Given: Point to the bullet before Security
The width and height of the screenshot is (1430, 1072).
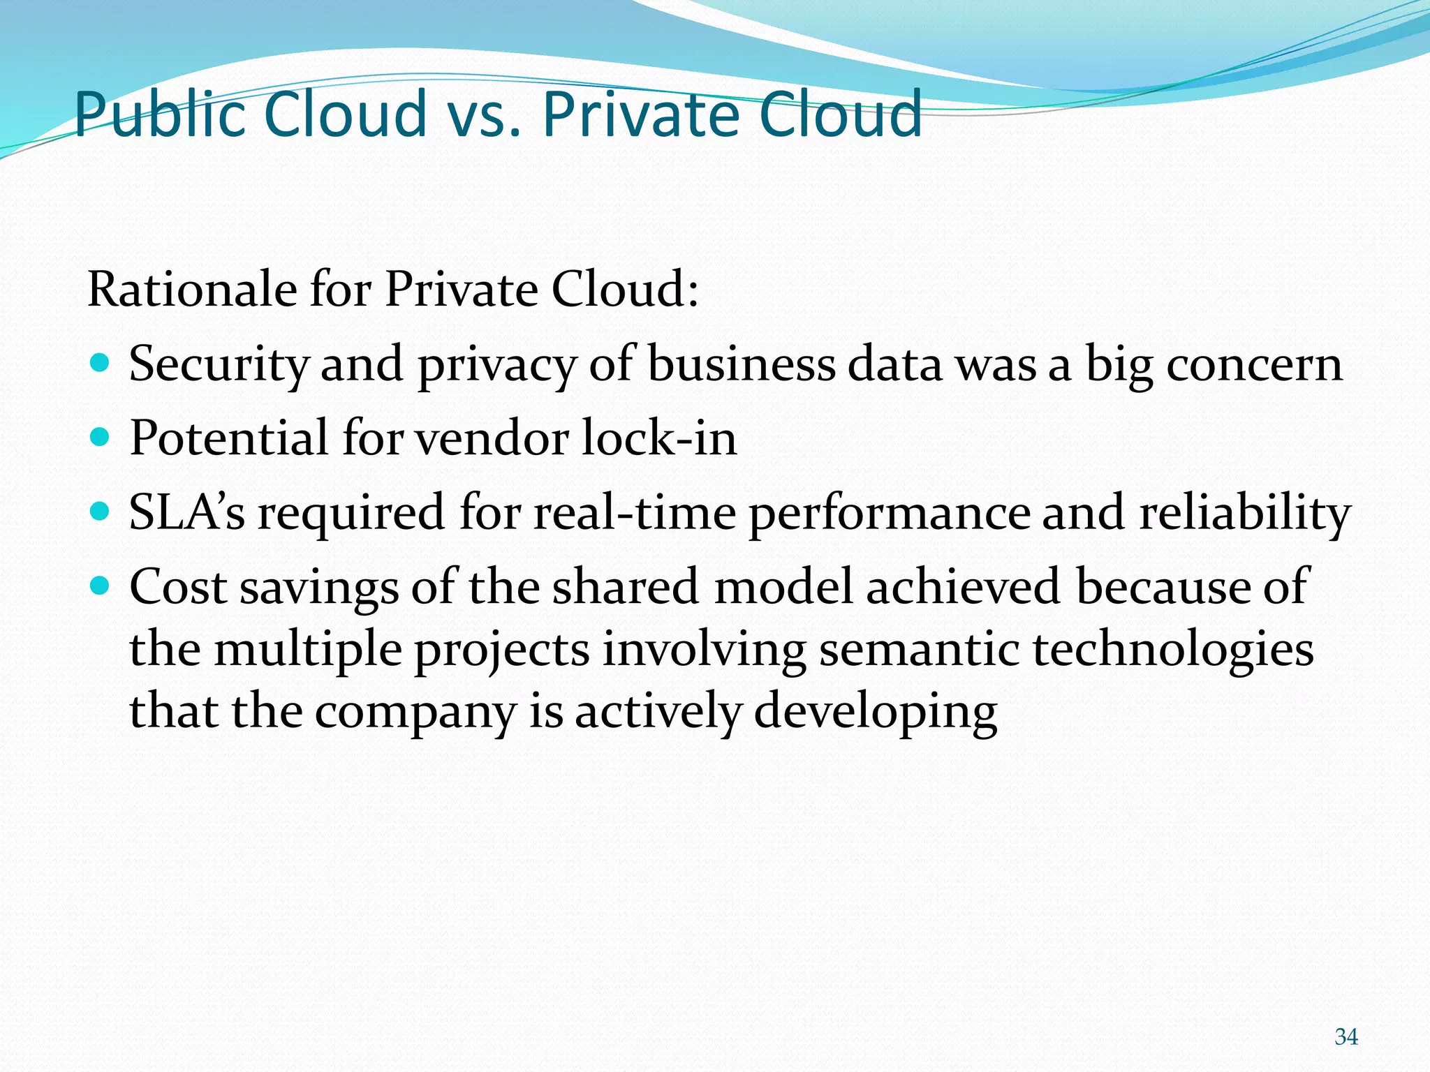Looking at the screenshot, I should click(101, 364).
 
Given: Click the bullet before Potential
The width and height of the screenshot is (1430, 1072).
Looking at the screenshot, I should click(101, 438).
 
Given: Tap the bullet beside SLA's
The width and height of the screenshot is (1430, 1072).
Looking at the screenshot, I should click(101, 512).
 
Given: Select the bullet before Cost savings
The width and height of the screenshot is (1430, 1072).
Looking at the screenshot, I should click(101, 586).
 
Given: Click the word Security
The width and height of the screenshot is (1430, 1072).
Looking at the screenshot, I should click(219, 365).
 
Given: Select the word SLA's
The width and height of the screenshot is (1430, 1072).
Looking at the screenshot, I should click(187, 512).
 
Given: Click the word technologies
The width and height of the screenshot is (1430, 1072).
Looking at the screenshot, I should click(1173, 650).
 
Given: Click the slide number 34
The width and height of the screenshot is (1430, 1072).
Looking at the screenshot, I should click(1346, 1037).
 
